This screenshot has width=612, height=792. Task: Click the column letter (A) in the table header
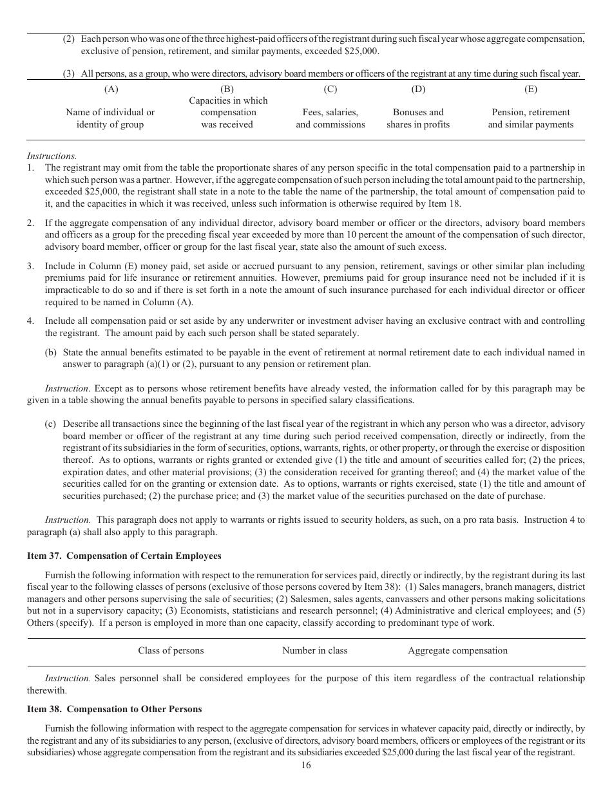(110, 89)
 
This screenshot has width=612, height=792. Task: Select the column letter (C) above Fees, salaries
(330, 89)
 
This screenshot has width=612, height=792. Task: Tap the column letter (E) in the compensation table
(530, 89)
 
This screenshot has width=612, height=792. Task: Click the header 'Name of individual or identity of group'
(110, 118)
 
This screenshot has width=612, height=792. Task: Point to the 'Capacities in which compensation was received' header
(227, 112)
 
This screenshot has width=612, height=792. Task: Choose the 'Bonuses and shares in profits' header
(418, 118)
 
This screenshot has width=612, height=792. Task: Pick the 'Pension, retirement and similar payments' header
(530, 118)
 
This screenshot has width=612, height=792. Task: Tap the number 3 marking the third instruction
(30, 266)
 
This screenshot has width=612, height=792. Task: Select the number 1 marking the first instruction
(30, 167)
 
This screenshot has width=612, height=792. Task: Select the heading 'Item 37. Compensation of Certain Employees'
(124, 556)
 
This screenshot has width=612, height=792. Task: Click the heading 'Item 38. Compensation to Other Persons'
(114, 709)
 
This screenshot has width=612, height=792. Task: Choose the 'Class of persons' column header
(171, 650)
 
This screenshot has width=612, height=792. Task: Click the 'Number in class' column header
(314, 650)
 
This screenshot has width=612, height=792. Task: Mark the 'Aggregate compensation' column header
(457, 650)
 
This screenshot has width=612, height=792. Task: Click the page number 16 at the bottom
(306, 766)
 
